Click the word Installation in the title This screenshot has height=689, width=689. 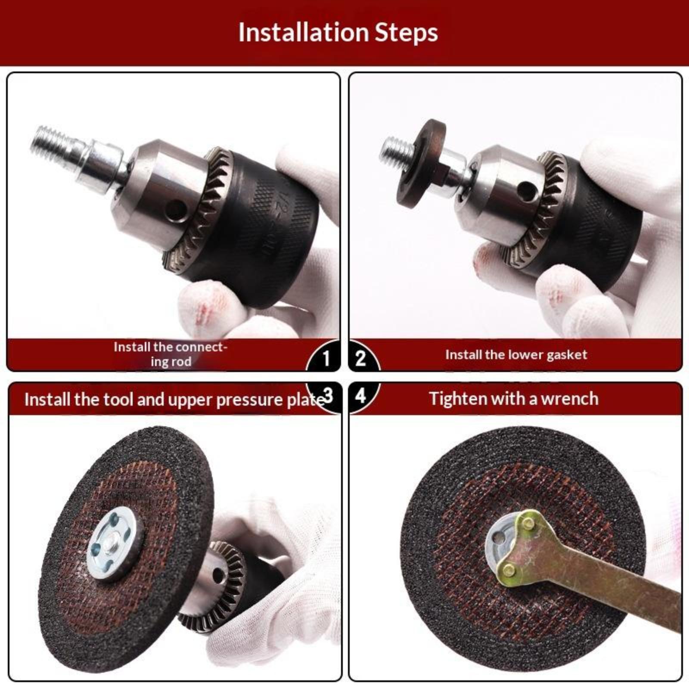304,32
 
